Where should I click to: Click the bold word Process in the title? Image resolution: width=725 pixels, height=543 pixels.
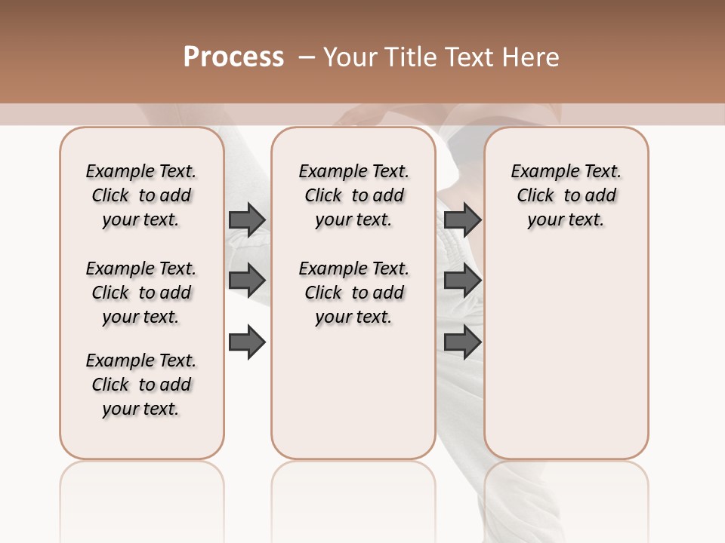coord(233,57)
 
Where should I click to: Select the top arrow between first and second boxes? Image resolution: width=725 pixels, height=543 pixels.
coord(247,219)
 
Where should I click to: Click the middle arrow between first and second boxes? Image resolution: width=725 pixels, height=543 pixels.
coord(247,281)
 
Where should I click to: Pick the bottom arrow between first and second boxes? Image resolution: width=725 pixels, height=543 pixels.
coord(247,342)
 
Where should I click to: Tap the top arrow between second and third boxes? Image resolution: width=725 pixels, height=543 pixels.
coord(462,219)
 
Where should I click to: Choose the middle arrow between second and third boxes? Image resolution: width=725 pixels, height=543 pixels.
coord(462,281)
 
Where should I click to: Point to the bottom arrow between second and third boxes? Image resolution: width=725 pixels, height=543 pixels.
coord(462,342)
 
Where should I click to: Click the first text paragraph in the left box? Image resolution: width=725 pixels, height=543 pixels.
coord(141,195)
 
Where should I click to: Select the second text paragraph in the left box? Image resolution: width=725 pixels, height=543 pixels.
coord(141,293)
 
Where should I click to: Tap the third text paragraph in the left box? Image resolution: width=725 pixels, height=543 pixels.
coord(141,385)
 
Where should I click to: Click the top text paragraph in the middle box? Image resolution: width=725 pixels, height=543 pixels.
coord(353,195)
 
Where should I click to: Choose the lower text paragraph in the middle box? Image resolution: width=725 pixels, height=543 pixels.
coord(353,293)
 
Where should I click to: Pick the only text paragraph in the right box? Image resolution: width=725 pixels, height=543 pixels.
coord(566,195)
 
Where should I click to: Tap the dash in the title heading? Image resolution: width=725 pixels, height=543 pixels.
coord(307,57)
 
